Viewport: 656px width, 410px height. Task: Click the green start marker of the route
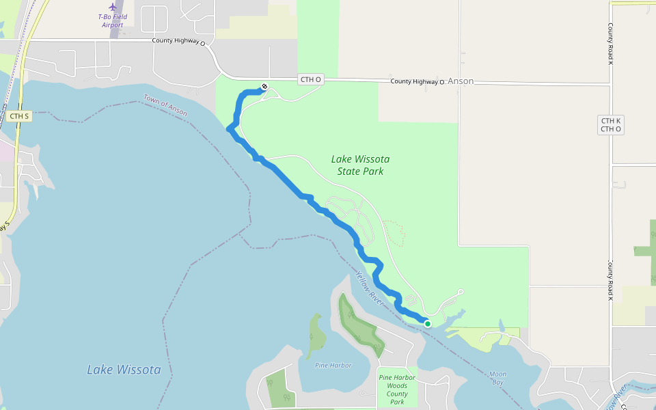tap(428, 324)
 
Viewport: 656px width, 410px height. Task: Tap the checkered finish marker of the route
tap(264, 87)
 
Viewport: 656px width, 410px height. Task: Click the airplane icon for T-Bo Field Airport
tap(113, 7)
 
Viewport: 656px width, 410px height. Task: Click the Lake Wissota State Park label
tap(360, 165)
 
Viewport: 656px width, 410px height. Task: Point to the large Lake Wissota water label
tap(124, 370)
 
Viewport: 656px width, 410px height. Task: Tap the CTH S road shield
tap(19, 116)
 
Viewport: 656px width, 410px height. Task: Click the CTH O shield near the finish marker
tap(310, 80)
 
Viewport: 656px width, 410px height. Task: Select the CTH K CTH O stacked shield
tap(610, 124)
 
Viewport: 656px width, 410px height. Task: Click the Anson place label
tap(461, 81)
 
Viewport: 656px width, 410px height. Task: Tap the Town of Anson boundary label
tap(165, 106)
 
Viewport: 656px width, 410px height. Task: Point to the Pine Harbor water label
tap(333, 365)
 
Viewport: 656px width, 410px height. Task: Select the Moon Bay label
tap(497, 378)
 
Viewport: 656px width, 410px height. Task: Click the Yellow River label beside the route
tap(369, 287)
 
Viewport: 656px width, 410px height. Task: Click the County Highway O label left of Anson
tap(417, 81)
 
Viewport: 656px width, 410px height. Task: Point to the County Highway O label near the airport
tap(178, 41)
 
